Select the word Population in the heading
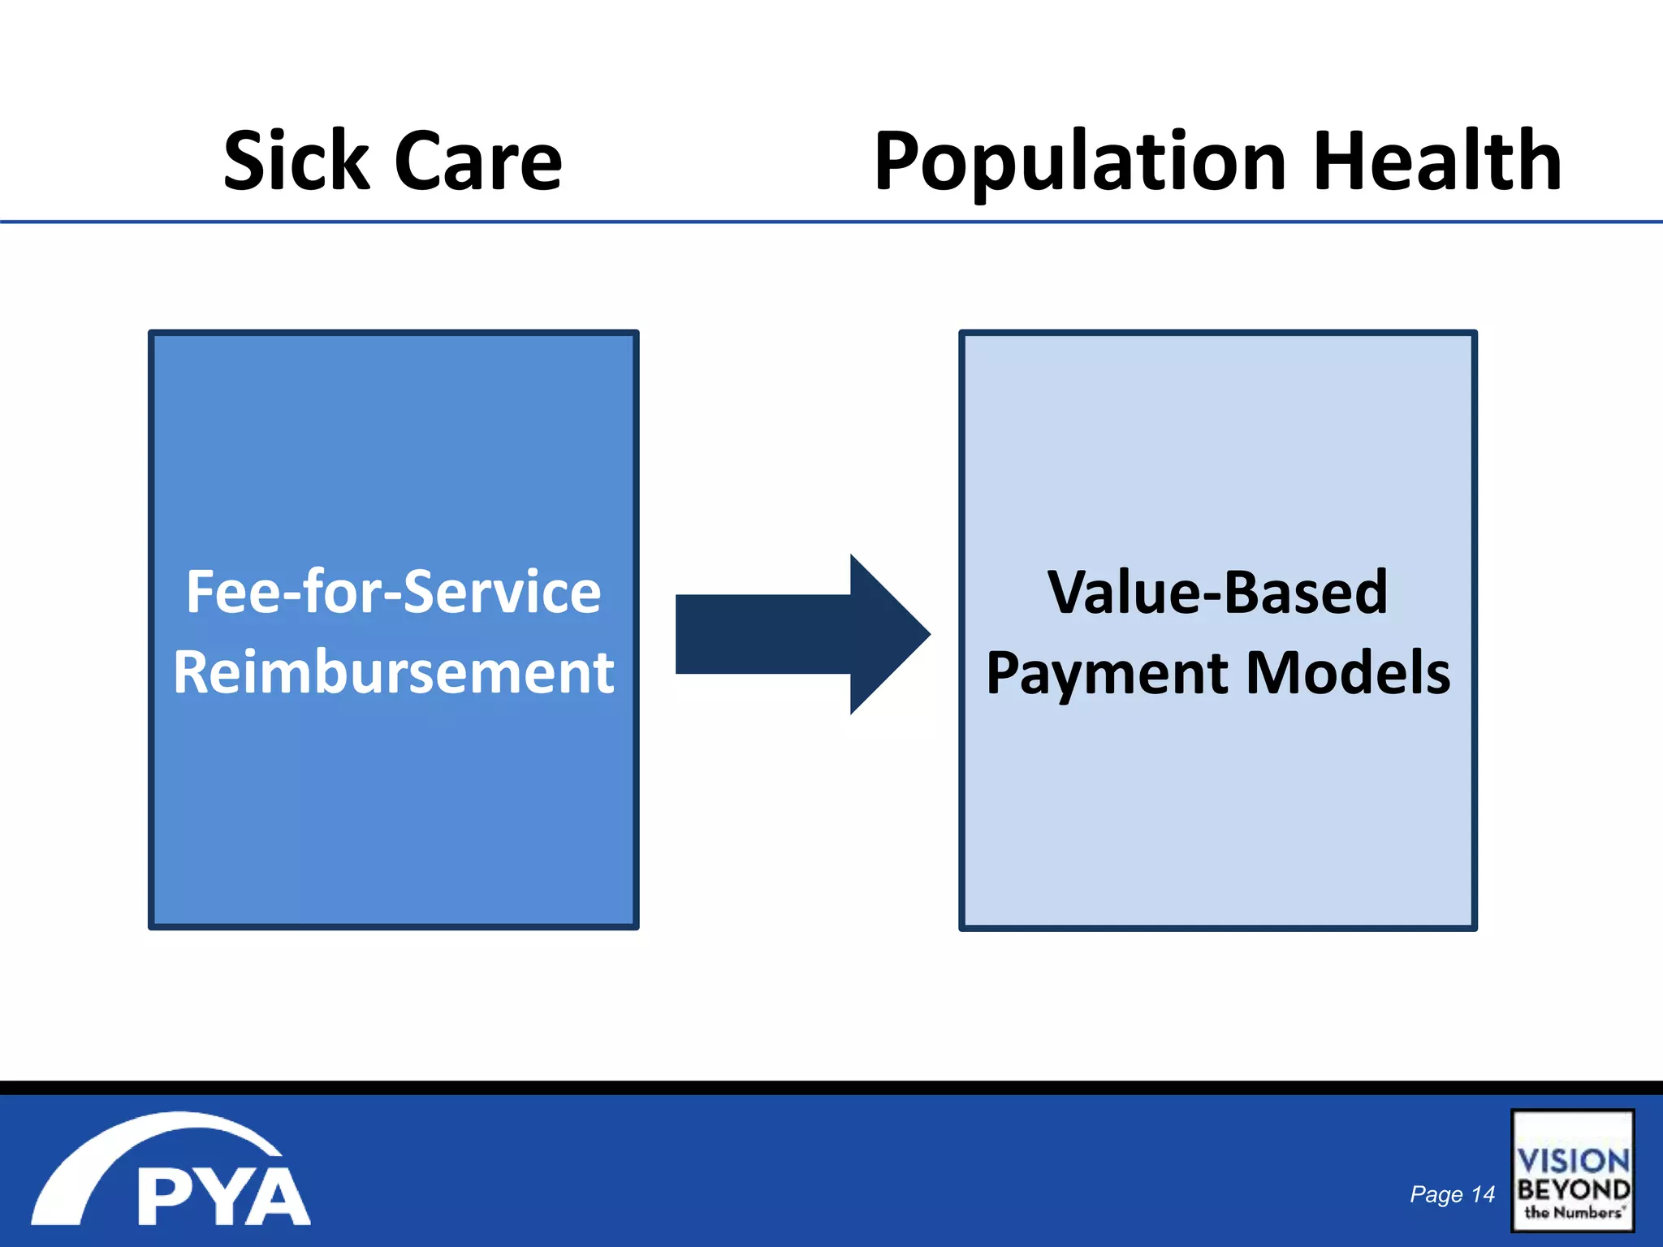pos(1081,162)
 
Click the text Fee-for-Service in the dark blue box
pos(394,592)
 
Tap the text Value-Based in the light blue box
pos(1217,592)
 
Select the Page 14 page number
pos(1452,1194)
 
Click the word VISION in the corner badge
pos(1573,1160)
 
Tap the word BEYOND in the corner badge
pos(1573,1190)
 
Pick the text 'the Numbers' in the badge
pos(1573,1213)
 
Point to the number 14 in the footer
pos(1483,1194)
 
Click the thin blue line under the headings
pos(831,222)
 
